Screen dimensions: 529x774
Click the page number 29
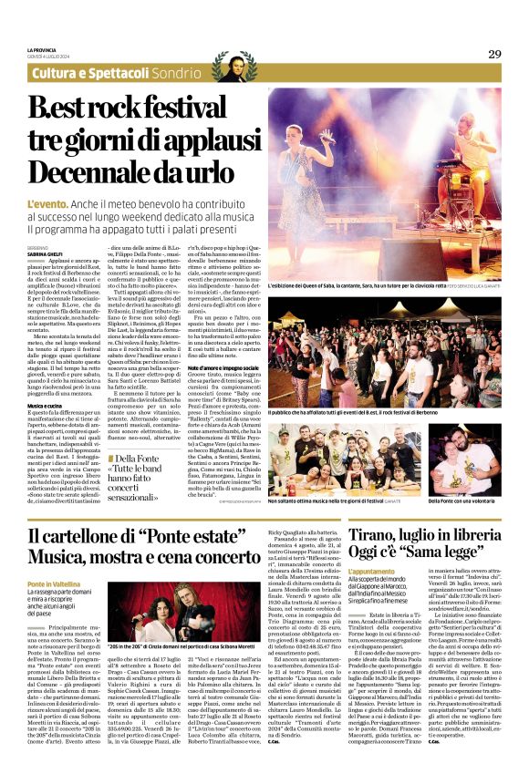(x=493, y=54)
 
